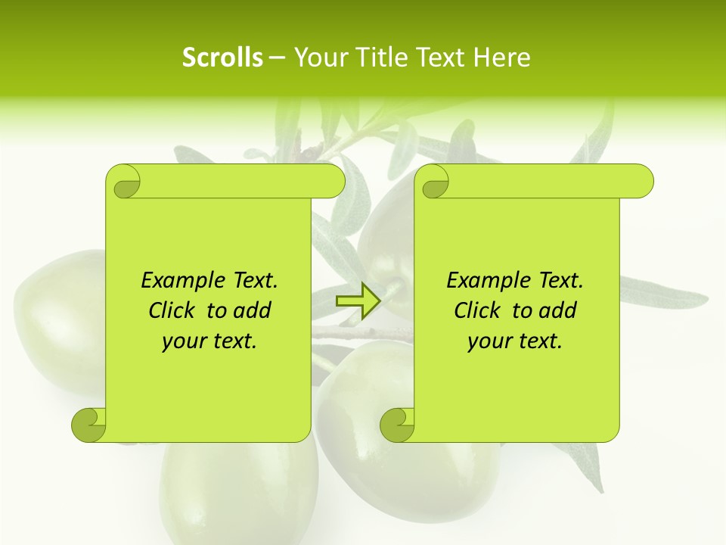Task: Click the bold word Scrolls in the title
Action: (x=222, y=58)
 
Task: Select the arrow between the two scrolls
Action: (x=357, y=301)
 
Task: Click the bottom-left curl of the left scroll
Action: (x=88, y=425)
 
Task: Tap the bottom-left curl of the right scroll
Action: (x=396, y=425)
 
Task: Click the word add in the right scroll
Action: (x=559, y=310)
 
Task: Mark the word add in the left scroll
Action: (x=253, y=310)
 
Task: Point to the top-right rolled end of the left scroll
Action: (x=333, y=182)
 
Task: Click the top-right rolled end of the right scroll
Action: (x=641, y=182)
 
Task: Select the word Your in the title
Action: (x=318, y=58)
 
